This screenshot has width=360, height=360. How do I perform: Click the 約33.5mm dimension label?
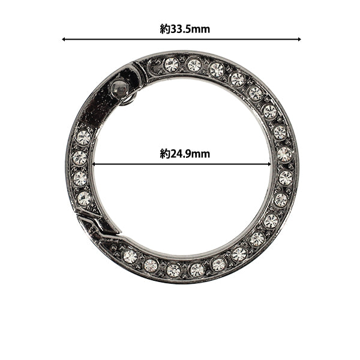pyautogui.click(x=185, y=29)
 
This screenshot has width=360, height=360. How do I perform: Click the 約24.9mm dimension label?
pyautogui.click(x=185, y=154)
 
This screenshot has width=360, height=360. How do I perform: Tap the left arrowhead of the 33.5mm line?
pyautogui.click(x=64, y=39)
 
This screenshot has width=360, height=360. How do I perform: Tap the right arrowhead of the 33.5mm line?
pyautogui.click(x=299, y=39)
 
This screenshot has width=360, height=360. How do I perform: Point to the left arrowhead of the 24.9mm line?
pyautogui.click(x=94, y=164)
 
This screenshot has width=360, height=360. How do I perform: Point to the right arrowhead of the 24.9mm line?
pyautogui.click(x=269, y=164)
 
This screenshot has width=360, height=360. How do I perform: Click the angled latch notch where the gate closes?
pyautogui.click(x=97, y=226)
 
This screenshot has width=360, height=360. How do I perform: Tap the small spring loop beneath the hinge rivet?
pyautogui.click(x=127, y=100)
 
